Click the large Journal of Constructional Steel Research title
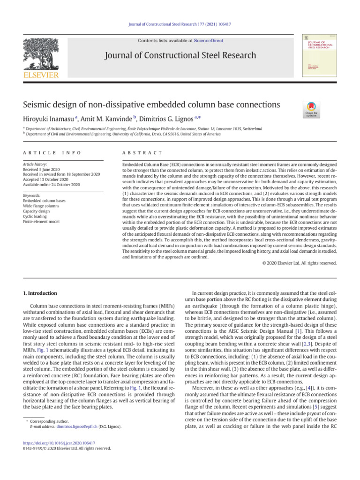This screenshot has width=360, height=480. point(180,56)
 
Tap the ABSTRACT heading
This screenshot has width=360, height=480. point(142,153)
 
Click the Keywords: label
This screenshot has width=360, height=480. point(32,195)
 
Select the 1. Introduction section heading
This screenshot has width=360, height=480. point(40,293)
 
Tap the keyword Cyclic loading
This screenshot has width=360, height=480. point(37,216)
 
